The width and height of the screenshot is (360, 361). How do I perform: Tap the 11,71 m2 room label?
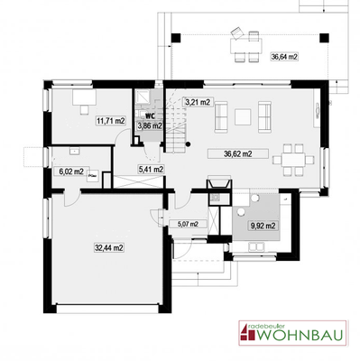point(110,119)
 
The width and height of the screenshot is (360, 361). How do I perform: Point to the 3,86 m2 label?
point(150,125)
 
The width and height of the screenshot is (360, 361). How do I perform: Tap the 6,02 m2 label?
point(71,171)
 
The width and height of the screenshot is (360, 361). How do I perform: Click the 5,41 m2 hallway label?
point(150,168)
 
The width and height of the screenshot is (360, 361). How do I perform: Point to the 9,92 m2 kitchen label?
point(263,226)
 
